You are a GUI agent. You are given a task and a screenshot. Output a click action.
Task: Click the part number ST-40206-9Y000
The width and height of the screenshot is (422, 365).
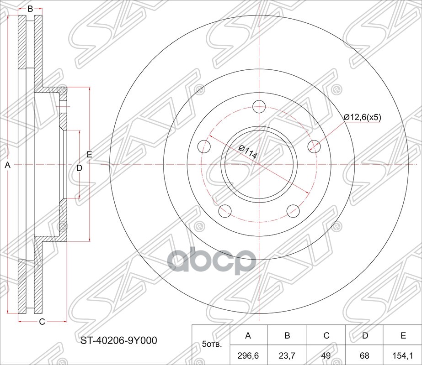click(119, 340)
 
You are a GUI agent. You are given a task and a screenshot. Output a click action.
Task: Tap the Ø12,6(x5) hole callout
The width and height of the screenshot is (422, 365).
click(363, 117)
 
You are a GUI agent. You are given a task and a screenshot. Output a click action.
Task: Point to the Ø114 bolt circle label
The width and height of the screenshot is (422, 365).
click(248, 152)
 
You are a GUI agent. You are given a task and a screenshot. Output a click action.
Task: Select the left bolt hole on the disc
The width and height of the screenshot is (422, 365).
click(204, 146)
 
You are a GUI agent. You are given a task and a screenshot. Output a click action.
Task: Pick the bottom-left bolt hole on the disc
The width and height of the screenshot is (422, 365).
click(225, 211)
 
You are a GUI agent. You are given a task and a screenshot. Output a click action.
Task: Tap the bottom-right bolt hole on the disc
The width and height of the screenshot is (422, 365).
click(293, 211)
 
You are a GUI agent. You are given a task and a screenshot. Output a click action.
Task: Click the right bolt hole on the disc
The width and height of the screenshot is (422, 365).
click(314, 146)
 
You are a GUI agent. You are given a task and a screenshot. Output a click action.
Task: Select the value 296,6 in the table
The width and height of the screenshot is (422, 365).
click(248, 356)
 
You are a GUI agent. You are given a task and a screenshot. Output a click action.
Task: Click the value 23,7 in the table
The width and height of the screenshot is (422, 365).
click(287, 356)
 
